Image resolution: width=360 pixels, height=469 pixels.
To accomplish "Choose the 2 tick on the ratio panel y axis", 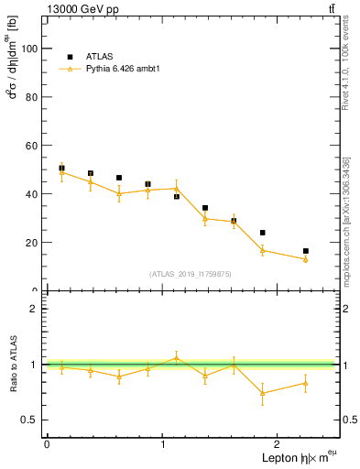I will pyautogui.click(x=37, y=309).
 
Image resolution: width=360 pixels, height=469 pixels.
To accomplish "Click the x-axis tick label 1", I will pyautogui.click(x=163, y=444).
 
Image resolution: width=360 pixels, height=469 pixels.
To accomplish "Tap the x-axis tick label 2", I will pyautogui.click(x=279, y=444).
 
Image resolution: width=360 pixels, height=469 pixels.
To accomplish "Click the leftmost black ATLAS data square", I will pyautogui.click(x=61, y=169).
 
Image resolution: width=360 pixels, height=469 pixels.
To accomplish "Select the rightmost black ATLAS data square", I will pyautogui.click(x=306, y=251).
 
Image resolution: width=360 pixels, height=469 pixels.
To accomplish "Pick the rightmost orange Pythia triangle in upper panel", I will pyautogui.click(x=306, y=259).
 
